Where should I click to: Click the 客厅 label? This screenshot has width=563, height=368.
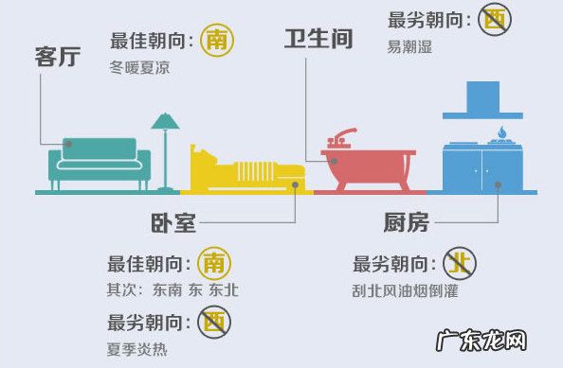tap(57, 57)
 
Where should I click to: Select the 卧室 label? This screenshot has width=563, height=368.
tap(173, 223)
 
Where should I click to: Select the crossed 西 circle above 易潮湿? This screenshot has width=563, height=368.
tap(493, 20)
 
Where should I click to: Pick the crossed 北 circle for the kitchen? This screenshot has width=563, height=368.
tap(461, 264)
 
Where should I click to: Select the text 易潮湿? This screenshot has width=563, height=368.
tap(409, 46)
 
